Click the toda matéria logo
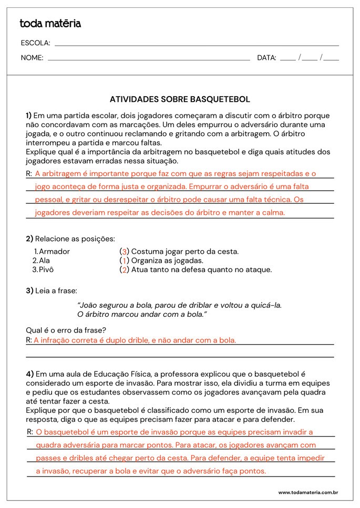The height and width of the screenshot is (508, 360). click(x=50, y=24)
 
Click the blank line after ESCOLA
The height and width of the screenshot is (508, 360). click(x=197, y=44)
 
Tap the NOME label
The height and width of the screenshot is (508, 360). click(x=32, y=58)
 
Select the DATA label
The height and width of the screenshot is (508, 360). click(x=266, y=58)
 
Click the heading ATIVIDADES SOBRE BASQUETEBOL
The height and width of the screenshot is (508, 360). click(x=180, y=99)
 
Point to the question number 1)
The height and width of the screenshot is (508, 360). click(x=29, y=116)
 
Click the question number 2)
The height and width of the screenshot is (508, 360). click(x=29, y=239)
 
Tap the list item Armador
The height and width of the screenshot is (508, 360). click(x=54, y=252)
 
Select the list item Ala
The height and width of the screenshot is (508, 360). click(x=45, y=261)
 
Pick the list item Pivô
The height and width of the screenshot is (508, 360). click(x=46, y=270)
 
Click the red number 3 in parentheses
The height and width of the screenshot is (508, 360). click(x=124, y=252)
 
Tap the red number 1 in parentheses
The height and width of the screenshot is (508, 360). click(x=124, y=261)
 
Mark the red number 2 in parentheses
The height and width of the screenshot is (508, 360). click(x=124, y=270)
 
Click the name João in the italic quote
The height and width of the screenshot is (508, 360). click(x=88, y=305)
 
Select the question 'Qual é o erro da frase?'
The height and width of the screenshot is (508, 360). click(x=66, y=330)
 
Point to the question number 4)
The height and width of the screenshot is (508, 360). click(x=30, y=374)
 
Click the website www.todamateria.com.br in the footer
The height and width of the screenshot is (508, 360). click(x=307, y=493)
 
